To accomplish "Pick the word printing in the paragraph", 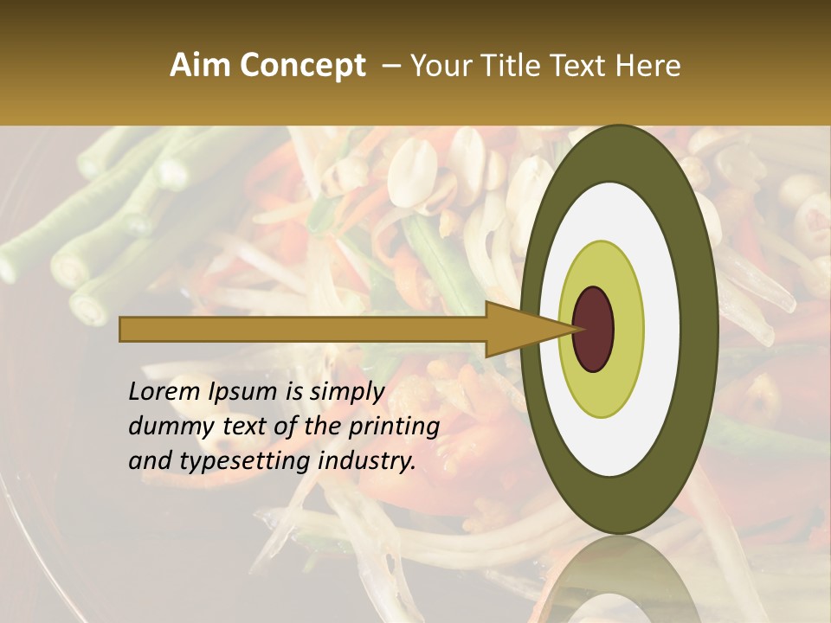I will click(393, 427).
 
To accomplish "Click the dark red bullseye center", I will click(594, 329).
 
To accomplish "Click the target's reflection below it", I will click(619, 580).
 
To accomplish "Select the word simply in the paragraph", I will click(346, 392).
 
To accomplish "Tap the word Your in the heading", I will click(438, 66).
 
